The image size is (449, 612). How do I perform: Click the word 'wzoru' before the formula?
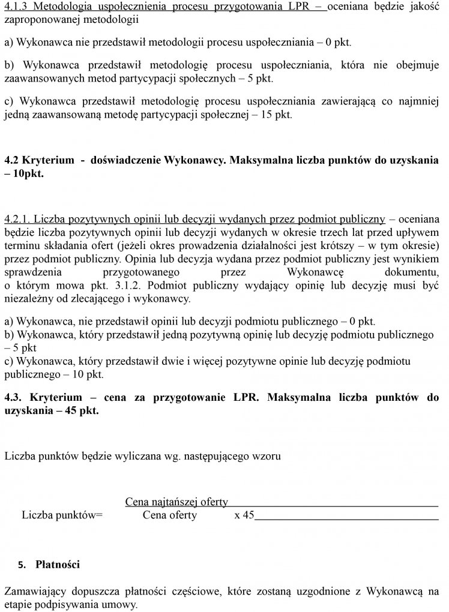267,455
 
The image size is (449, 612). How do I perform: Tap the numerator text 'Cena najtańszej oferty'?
176,502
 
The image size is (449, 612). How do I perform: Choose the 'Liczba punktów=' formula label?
62,515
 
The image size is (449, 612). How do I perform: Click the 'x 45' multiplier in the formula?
244,515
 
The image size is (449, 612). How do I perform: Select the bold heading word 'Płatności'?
58,565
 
